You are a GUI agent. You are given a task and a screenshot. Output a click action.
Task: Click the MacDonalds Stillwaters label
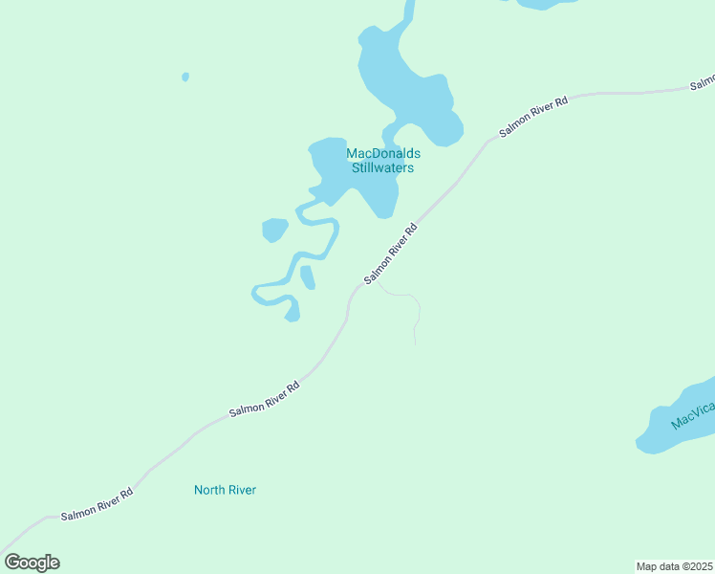(382, 161)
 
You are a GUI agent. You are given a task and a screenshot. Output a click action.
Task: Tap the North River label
(225, 490)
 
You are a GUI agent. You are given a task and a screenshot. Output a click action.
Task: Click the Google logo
(32, 563)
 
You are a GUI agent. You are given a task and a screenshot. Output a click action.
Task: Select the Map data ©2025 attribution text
(675, 566)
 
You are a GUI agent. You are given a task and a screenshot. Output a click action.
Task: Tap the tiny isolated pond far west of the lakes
(184, 77)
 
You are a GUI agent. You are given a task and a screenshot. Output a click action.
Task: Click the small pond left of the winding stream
(274, 230)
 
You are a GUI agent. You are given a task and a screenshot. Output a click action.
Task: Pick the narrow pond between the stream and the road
(308, 277)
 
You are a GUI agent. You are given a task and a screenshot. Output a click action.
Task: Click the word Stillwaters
(382, 168)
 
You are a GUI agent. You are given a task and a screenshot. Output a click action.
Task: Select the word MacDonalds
(382, 153)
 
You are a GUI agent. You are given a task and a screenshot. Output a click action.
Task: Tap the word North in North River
(209, 490)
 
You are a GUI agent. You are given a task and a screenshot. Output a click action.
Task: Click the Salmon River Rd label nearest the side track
(392, 254)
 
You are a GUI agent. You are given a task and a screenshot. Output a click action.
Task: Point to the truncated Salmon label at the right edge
(703, 85)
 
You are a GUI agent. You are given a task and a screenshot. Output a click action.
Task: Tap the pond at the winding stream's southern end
(292, 312)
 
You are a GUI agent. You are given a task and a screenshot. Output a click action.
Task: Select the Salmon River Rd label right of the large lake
(532, 117)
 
